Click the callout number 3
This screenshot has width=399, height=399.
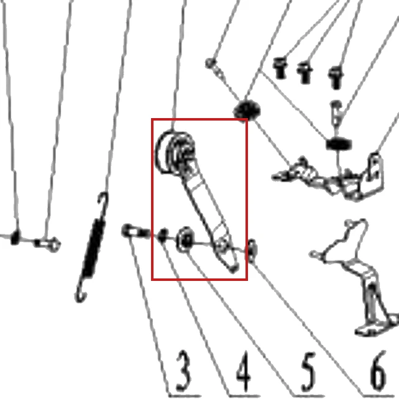(x=183, y=371)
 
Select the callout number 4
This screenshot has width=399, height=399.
(x=243, y=371)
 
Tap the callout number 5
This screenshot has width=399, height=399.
(x=308, y=372)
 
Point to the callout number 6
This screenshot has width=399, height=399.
(x=378, y=372)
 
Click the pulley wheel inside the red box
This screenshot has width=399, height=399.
(x=175, y=153)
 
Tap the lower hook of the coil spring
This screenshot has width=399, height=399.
(x=81, y=293)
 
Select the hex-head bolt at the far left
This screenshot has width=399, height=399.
(x=47, y=244)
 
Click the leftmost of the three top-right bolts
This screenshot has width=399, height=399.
(x=280, y=68)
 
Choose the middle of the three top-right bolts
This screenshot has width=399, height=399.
(x=305, y=73)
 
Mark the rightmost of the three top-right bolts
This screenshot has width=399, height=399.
(x=336, y=78)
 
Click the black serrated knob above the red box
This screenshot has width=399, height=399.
(x=247, y=110)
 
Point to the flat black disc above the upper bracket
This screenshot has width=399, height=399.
(x=339, y=144)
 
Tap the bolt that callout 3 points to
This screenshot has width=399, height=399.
(x=135, y=232)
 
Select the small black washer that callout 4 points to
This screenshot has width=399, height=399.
(x=163, y=235)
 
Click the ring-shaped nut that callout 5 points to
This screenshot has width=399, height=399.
(x=186, y=239)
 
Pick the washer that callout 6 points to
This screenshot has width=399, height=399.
(x=252, y=250)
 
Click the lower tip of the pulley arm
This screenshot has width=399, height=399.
(x=234, y=270)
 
